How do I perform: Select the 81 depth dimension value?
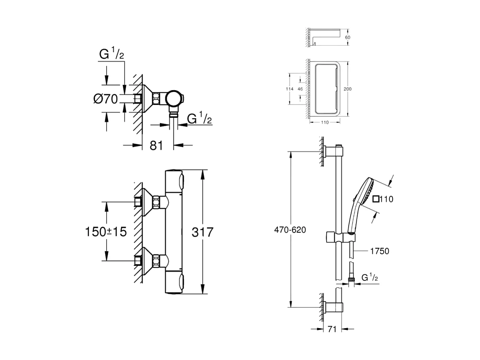(156, 145)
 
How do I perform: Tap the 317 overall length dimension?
(202, 232)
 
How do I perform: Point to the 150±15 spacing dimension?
(106, 232)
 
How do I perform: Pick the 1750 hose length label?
(379, 251)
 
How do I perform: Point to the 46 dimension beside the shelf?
(300, 89)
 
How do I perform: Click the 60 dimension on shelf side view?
(347, 37)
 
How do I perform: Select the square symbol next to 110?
(376, 199)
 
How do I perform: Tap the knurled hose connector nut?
(350, 279)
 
